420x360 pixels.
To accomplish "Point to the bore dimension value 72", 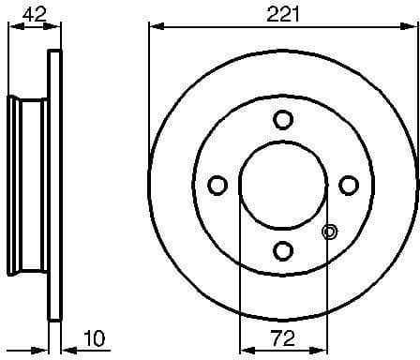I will click(282, 336).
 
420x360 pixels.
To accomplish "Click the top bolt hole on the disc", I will click(282, 119).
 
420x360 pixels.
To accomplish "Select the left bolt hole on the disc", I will click(217, 185).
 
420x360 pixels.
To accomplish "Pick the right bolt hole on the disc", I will click(348, 185).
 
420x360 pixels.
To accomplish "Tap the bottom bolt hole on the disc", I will click(282, 250).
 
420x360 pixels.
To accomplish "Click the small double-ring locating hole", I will click(329, 232).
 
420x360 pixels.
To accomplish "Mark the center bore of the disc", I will click(282, 185).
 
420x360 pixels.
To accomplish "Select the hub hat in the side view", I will click(26, 185).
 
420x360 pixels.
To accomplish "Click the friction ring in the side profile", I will click(55, 185).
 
